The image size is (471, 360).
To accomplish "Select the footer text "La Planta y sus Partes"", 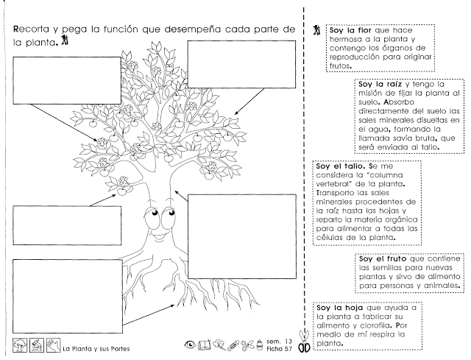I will click(x=96, y=347).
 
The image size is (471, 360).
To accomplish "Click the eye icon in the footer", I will click(x=190, y=344).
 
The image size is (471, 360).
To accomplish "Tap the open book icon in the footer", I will click(x=204, y=344).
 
